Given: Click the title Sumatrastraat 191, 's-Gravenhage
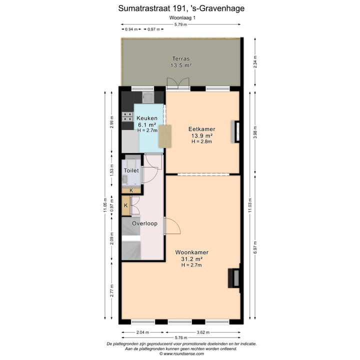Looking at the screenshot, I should [181, 8].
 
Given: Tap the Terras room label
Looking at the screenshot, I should [181, 57].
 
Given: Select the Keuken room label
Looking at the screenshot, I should [147, 118].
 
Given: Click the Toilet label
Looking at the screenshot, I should [131, 170].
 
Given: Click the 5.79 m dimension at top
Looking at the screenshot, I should [181, 24].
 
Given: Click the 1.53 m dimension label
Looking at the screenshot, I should [112, 170].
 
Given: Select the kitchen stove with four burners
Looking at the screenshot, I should [127, 117].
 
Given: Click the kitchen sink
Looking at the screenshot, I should [148, 97].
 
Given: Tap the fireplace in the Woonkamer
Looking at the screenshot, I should [234, 278].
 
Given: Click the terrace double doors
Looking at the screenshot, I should [177, 84].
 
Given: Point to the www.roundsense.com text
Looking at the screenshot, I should [181, 353].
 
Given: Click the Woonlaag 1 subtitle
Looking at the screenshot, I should [181, 18].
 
